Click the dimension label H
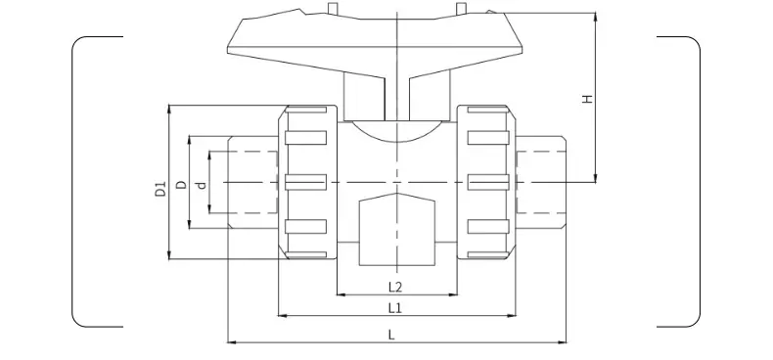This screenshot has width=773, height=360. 587,99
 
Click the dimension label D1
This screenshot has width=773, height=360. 161,189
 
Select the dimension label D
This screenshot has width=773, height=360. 182,185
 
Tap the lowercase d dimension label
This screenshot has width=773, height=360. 202,186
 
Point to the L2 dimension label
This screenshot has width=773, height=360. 396,287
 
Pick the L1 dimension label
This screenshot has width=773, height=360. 395,308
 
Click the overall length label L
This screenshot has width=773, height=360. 391,336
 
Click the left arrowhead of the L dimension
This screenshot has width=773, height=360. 231,341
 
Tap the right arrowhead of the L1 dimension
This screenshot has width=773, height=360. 512,316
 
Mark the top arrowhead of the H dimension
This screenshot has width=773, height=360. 596,17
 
